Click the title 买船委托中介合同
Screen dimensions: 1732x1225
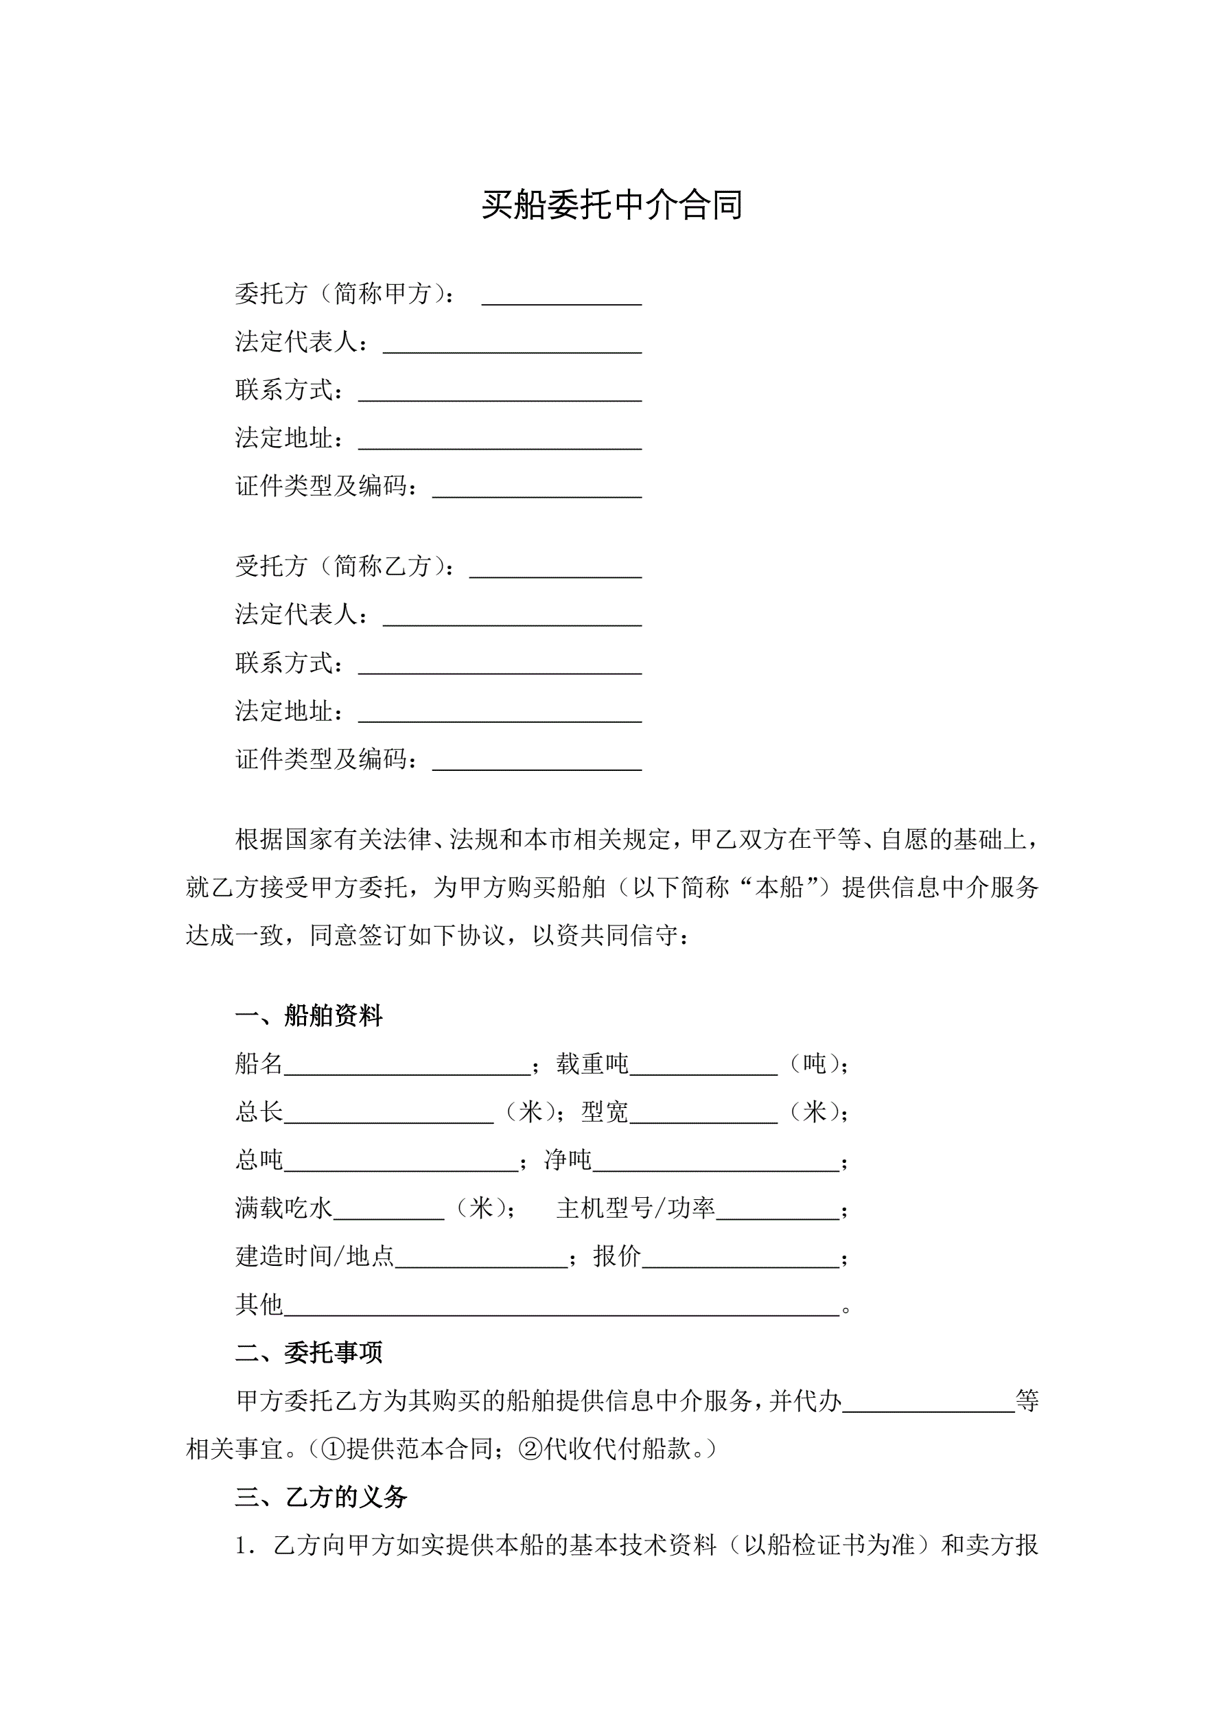[x=611, y=205]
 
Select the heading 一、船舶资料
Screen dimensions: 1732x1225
[x=310, y=1015]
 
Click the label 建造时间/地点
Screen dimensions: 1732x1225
[x=314, y=1256]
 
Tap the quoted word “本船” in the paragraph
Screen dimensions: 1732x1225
[x=779, y=887]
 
